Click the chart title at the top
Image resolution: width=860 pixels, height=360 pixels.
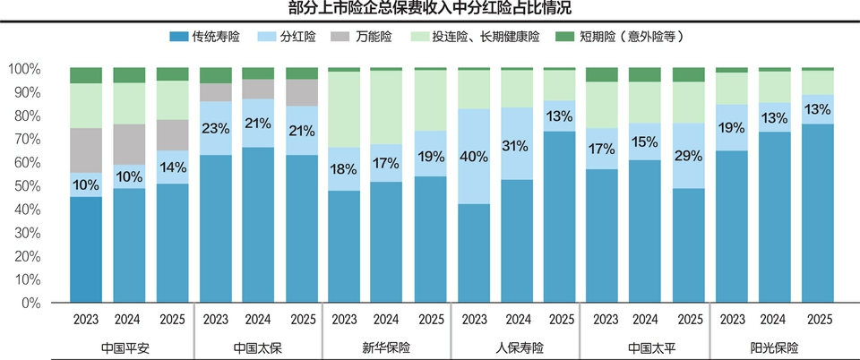pos(430,10)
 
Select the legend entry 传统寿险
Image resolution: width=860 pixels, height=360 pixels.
pos(205,38)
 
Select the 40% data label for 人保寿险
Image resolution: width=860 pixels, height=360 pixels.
pos(474,157)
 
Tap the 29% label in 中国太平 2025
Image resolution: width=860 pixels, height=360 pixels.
pos(689,156)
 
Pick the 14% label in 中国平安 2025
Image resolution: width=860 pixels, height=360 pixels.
pos(173,167)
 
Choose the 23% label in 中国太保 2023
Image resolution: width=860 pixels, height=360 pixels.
pos(216,128)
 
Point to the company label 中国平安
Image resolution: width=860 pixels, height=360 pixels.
pos(130,347)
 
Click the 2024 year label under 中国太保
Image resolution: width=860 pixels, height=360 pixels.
pos(258,319)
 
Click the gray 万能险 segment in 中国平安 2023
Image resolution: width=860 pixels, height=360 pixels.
pos(86,150)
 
